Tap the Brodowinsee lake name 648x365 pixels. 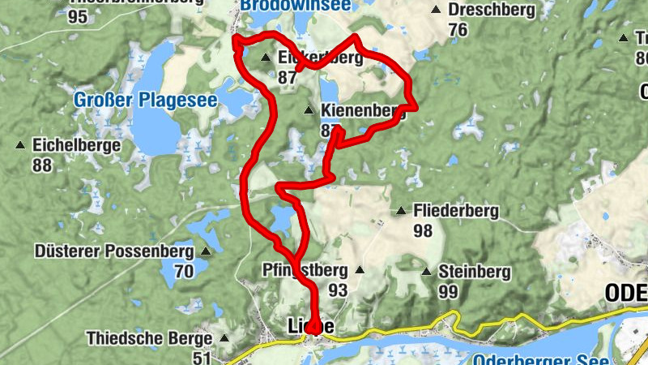pos(295,5)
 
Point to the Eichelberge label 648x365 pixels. pos(76,146)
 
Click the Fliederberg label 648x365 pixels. pos(456,211)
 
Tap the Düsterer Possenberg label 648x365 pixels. pos(114,251)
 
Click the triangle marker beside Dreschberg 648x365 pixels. pos(437,11)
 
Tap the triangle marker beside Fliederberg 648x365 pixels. pos(400,212)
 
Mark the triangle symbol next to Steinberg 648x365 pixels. pos(426,271)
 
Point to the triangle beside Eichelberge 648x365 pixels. pos(19,146)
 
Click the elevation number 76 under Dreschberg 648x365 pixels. pos(458,30)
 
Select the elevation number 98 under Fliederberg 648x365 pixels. pos(422,230)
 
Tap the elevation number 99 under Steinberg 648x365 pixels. pos(448,290)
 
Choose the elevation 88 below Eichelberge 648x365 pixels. pos(42,165)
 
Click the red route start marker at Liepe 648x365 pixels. pos(312,327)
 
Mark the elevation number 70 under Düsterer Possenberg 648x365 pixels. pos(184,271)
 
